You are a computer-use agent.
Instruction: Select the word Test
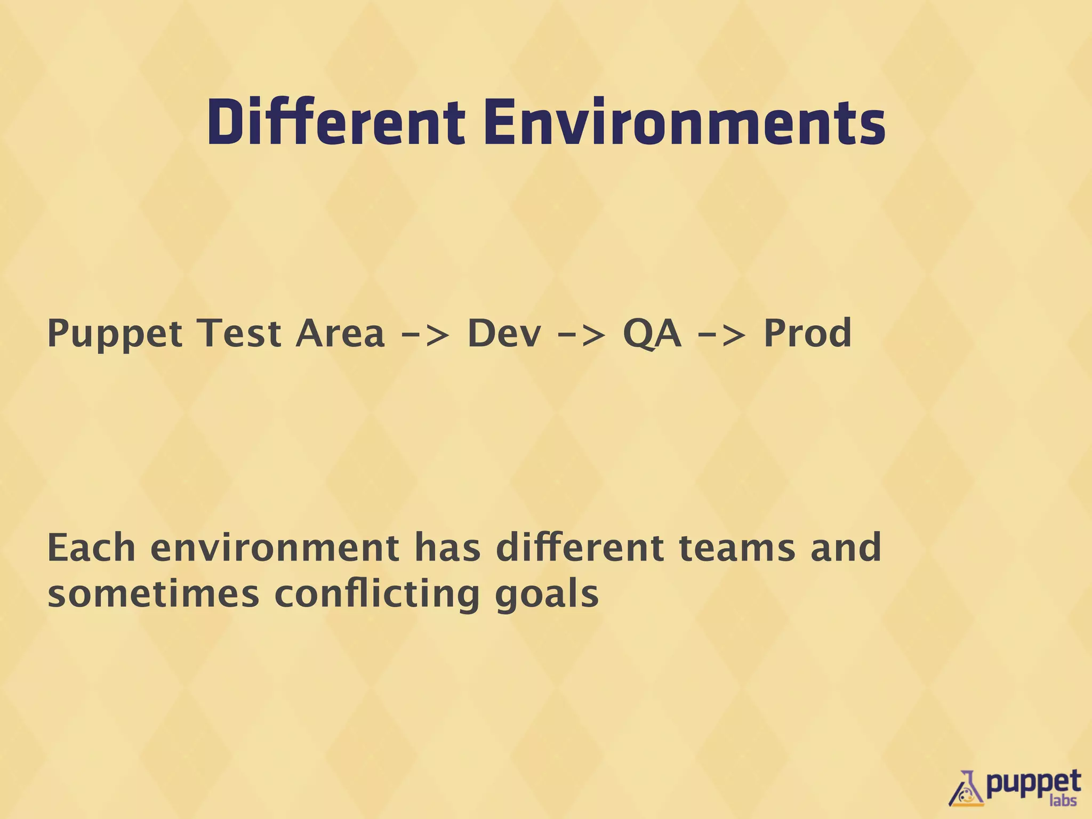click(x=239, y=333)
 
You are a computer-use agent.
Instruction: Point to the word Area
click(x=340, y=333)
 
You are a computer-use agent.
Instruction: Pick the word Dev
click(x=504, y=333)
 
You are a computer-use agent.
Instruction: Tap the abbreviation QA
click(x=652, y=334)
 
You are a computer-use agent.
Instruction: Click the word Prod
click(x=807, y=333)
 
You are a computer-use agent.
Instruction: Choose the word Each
click(x=91, y=548)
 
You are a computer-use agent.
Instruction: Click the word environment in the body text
click(x=275, y=549)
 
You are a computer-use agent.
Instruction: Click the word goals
click(x=547, y=595)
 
